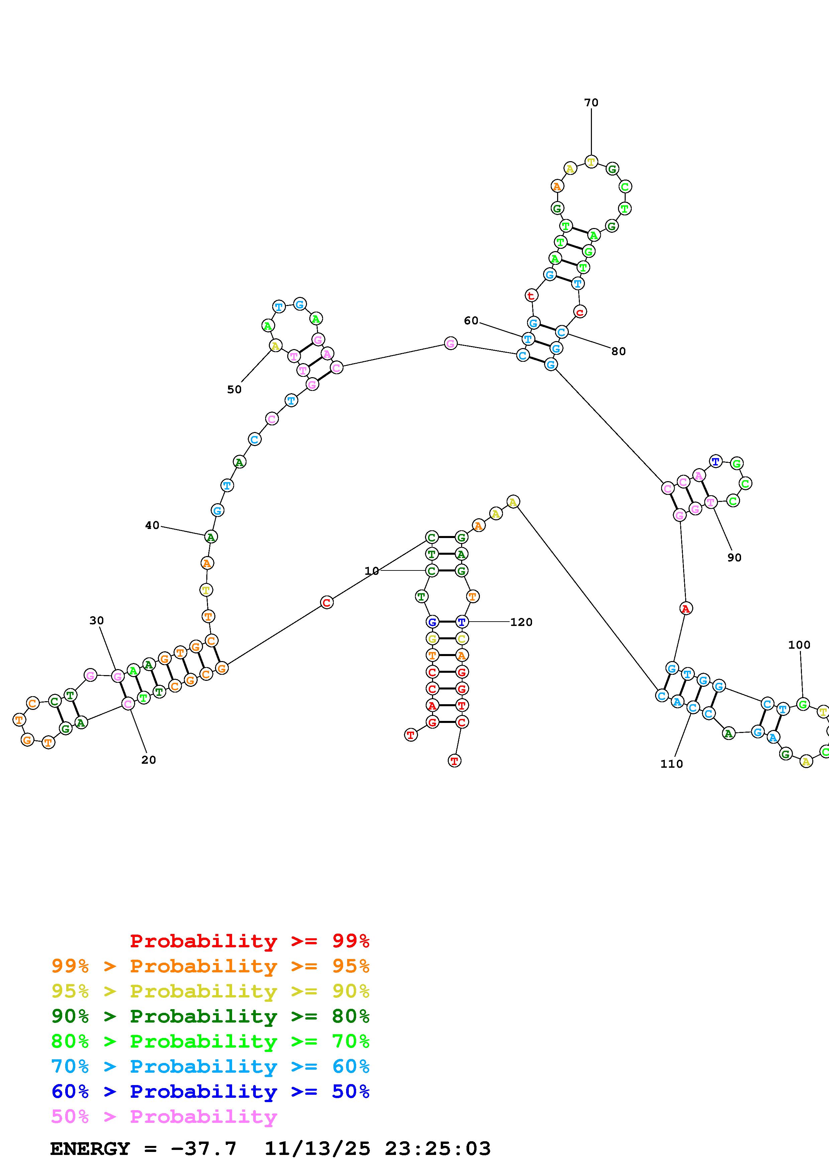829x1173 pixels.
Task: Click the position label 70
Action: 591,103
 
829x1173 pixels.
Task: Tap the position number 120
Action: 521,622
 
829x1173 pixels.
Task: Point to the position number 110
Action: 671,764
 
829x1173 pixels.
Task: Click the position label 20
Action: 148,760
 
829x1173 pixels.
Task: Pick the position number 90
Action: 734,558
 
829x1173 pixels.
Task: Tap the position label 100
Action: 799,645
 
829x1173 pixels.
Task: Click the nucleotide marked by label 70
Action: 591,162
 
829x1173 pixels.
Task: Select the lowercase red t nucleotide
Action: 531,295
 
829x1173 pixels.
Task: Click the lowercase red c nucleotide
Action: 580,312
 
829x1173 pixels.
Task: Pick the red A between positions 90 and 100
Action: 686,609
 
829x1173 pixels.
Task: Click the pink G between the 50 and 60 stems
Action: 450,343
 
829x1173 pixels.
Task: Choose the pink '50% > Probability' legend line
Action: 164,1117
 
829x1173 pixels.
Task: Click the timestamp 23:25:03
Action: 438,1149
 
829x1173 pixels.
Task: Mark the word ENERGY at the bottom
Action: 90,1149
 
